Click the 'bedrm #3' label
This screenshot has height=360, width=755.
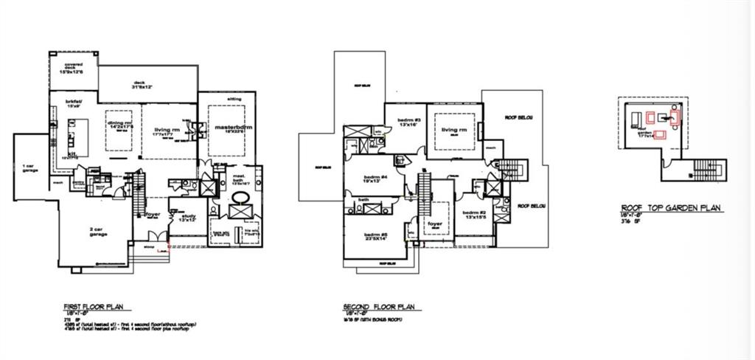pos(408,120)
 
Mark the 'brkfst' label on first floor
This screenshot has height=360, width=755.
pos(74,101)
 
